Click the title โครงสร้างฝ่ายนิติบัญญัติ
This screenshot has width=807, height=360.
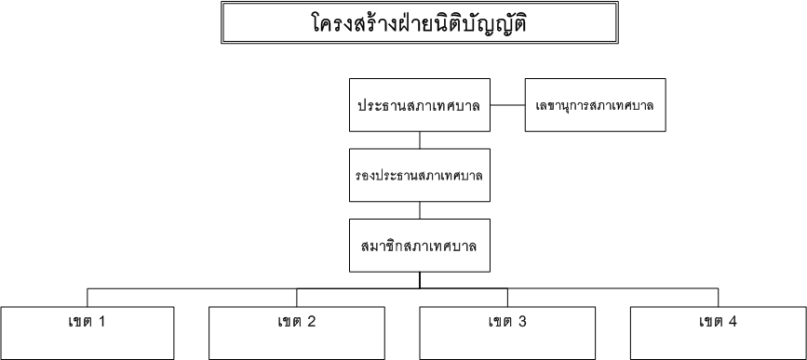pyautogui.click(x=420, y=21)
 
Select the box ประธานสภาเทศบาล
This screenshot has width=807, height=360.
pyautogui.click(x=419, y=105)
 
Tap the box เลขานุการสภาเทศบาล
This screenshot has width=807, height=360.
pyautogui.click(x=595, y=105)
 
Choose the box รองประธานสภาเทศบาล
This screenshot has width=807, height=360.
pyautogui.click(x=419, y=174)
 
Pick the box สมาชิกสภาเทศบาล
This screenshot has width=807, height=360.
pyautogui.click(x=419, y=244)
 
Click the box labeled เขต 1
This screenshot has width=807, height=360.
pyautogui.click(x=88, y=330)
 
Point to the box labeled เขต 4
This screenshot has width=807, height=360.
pyautogui.click(x=718, y=330)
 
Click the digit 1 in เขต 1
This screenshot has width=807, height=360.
pyautogui.click(x=101, y=322)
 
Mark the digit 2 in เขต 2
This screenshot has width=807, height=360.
pyautogui.click(x=311, y=322)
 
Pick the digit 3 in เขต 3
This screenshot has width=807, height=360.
pyautogui.click(x=522, y=322)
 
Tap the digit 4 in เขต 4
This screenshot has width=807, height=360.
pyautogui.click(x=733, y=322)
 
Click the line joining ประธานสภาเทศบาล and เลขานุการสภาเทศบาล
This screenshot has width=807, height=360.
pyautogui.click(x=507, y=105)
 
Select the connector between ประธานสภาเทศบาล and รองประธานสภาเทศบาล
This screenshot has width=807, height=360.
pyautogui.click(x=419, y=139)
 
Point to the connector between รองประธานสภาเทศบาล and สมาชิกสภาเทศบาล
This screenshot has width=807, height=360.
pyautogui.click(x=419, y=209)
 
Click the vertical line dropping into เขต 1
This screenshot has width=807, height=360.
pyautogui.click(x=88, y=296)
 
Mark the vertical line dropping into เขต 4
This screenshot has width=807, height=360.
pyautogui.click(x=718, y=296)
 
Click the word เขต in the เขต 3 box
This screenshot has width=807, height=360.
pyautogui.click(x=500, y=322)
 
